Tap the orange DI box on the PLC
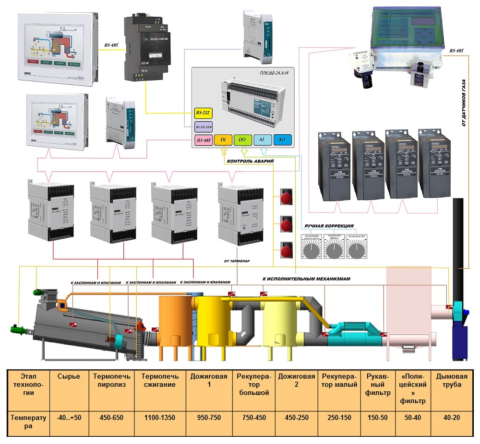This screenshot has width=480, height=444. coord(223,140)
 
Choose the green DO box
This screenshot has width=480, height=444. coord(242,140)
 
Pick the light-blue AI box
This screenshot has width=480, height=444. coord(263,140)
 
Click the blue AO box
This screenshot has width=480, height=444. coord(282,140)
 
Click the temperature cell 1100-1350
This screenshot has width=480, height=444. coord(160,418)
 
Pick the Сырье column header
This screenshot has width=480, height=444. coord(69,376)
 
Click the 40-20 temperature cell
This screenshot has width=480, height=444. coord(452,418)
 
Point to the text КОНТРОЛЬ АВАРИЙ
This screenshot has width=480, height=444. coord(250,162)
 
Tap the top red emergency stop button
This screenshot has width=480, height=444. coord(286,198)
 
